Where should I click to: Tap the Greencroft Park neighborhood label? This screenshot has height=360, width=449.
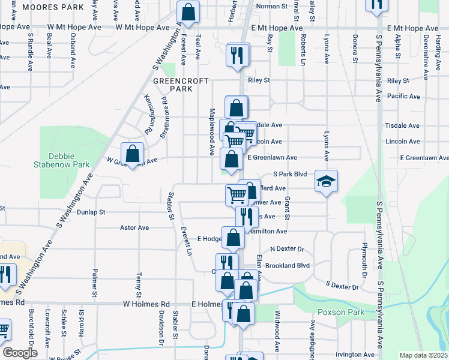coord(172,85)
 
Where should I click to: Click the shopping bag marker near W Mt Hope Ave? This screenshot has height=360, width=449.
coord(188,11)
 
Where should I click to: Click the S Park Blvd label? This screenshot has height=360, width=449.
coord(290,174)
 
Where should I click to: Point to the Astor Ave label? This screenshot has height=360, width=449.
coord(134,228)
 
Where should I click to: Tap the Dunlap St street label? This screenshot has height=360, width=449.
coord(91,212)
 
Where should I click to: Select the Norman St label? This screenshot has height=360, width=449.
coord(272,6)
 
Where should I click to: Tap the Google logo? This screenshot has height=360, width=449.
coord(20,353)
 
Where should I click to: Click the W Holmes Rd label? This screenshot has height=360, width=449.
coord(146,304)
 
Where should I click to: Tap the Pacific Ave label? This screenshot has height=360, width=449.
coord(403,96)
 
